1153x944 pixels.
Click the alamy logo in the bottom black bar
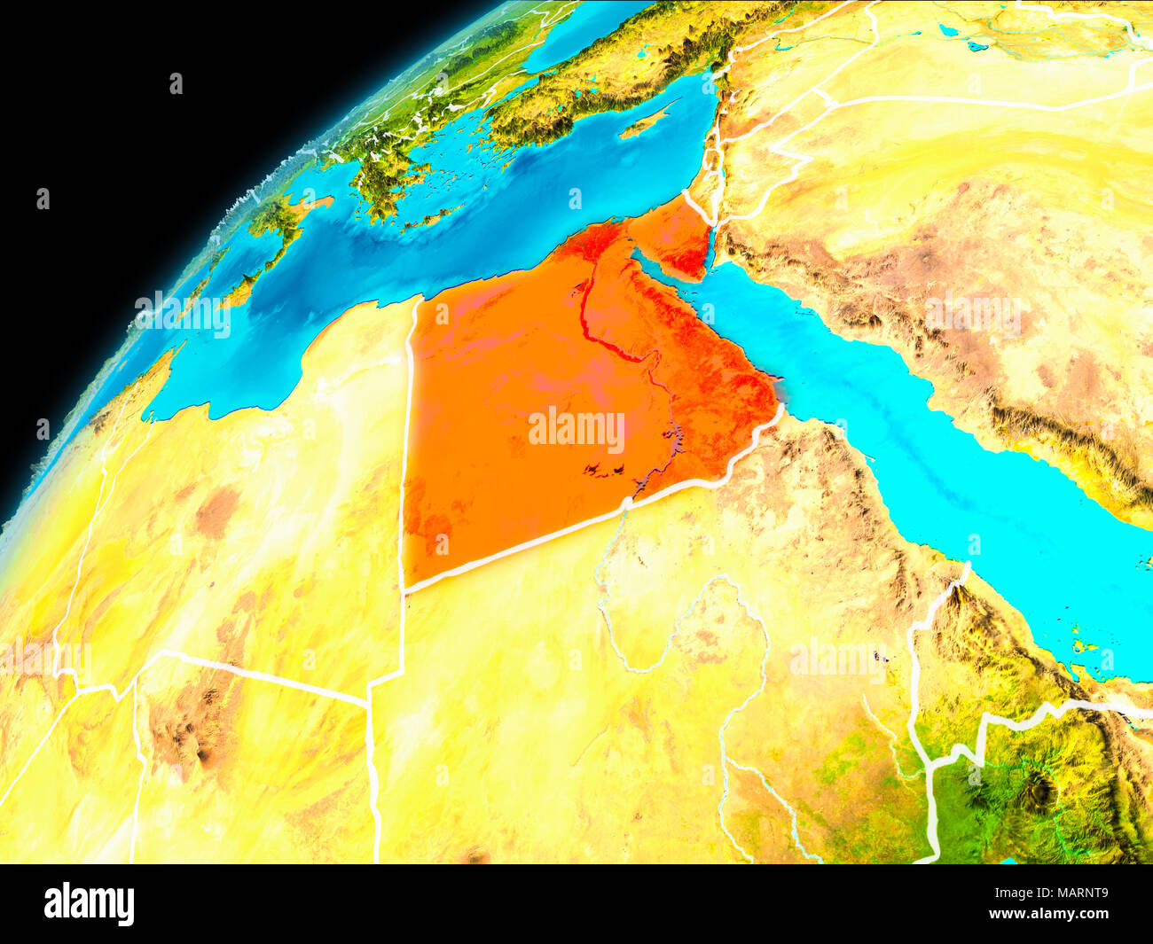[89, 903]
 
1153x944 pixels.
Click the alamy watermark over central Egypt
[576, 430]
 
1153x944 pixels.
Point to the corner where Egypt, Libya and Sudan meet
[404, 589]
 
